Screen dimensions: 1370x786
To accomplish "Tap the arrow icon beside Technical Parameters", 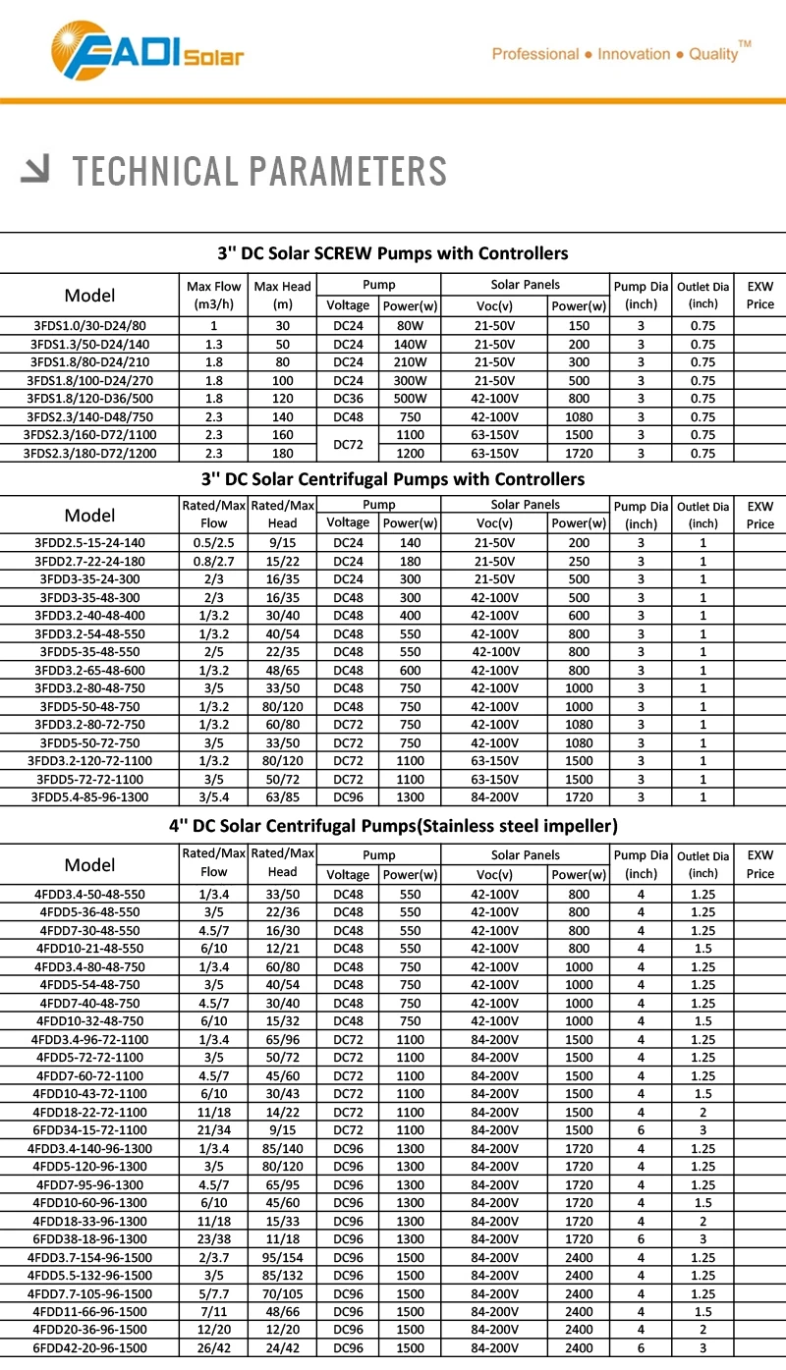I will pos(36,171).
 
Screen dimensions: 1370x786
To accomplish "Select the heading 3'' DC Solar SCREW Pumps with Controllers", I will pos(392,253).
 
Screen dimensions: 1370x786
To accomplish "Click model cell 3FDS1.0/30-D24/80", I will pos(89,325).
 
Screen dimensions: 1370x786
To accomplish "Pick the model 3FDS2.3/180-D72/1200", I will pos(89,453).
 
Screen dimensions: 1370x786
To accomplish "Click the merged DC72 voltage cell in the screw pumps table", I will pos(348,444).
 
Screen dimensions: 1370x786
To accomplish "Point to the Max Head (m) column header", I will pos(282,295).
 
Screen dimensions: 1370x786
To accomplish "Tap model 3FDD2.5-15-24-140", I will pos(91,543).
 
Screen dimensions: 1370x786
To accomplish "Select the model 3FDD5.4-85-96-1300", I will pos(91,797).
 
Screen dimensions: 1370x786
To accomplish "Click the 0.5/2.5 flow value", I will pos(213,543).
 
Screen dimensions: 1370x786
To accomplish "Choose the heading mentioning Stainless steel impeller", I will pos(392,825).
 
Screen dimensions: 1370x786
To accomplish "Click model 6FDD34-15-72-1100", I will pos(91,1129).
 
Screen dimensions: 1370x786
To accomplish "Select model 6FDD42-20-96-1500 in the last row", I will pos(91,1348).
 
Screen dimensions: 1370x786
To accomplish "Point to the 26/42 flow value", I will pos(213,1348).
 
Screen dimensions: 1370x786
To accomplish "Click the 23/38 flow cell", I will pos(213,1239).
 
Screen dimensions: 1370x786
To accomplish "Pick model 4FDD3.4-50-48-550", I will pos(91,894).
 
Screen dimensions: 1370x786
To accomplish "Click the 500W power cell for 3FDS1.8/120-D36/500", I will pos(410,399).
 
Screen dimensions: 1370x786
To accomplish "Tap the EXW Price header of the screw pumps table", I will pos(760,295).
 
